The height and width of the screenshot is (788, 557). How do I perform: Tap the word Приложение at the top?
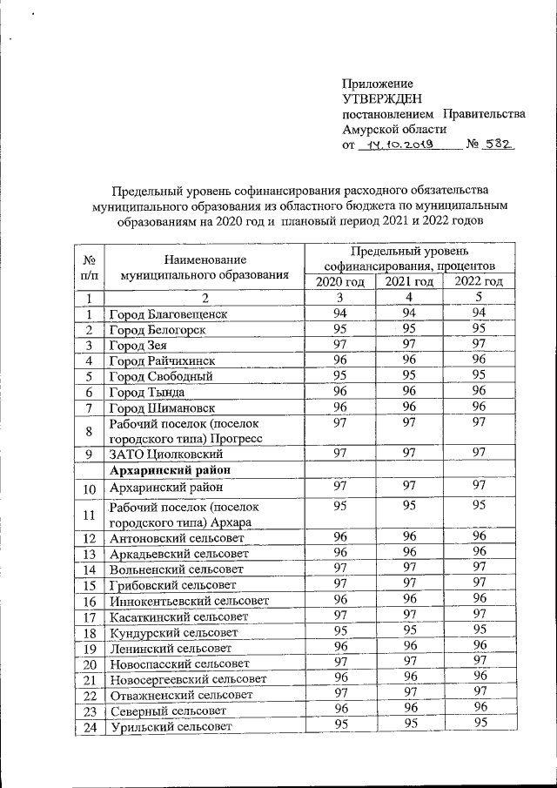[x=378, y=84]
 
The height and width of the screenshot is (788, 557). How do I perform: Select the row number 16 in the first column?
[x=90, y=601]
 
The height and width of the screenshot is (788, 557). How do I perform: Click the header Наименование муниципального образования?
[x=205, y=266]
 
